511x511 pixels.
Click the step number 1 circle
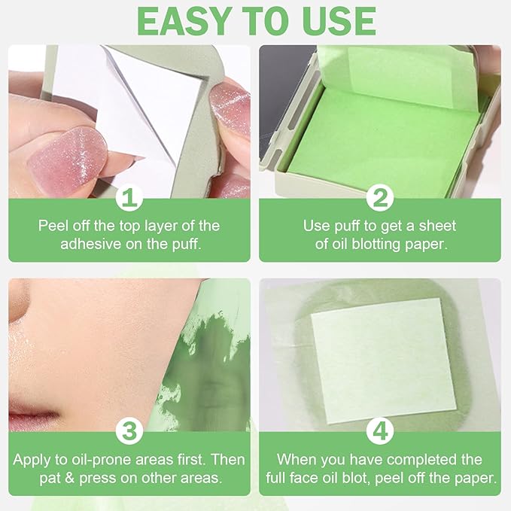(129, 199)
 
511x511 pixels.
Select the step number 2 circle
(380, 199)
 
